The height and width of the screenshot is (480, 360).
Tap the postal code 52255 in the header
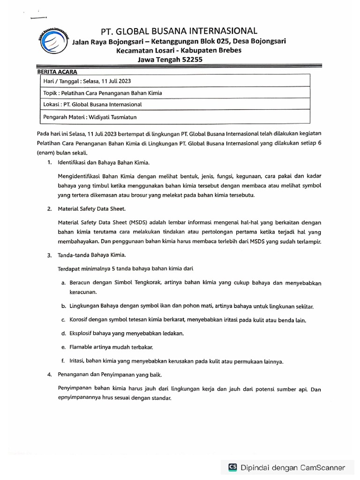(192, 60)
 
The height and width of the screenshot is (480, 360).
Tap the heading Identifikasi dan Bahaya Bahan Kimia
(104, 163)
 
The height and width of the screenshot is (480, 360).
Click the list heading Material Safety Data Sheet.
(92, 209)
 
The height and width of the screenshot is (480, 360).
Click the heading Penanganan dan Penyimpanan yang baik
(110, 375)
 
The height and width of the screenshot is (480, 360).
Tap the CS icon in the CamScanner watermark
(232, 467)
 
